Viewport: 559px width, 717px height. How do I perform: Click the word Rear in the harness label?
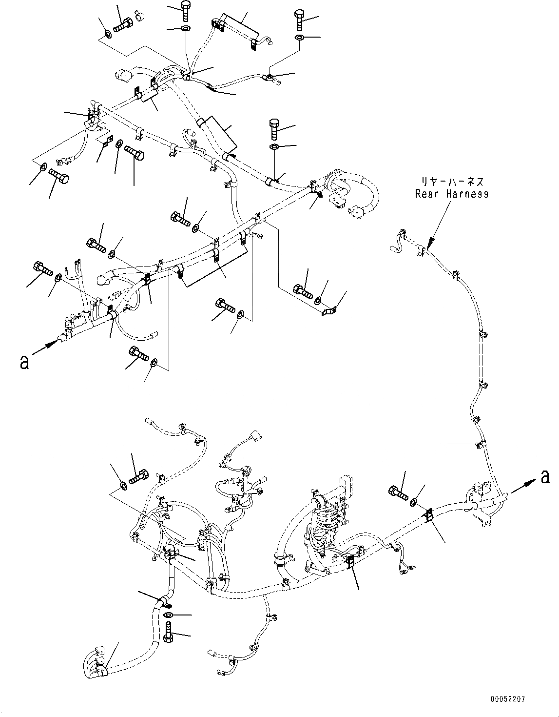[x=427, y=194]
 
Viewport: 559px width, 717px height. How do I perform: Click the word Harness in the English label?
[x=465, y=194]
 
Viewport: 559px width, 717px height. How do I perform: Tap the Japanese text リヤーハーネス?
[x=452, y=182]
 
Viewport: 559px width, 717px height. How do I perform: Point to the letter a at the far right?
[x=544, y=477]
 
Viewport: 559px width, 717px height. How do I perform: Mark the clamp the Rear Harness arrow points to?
[x=424, y=251]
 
